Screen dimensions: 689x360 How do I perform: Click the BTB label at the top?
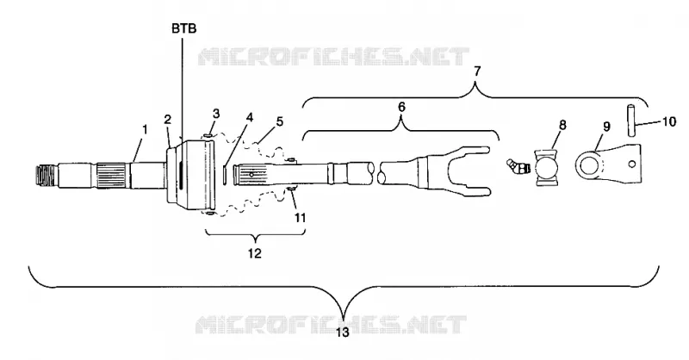pos(183,29)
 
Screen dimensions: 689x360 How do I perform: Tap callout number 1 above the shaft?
pos(145,130)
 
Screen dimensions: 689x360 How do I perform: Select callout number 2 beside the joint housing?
pos(167,119)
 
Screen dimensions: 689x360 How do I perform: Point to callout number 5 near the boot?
pos(280,121)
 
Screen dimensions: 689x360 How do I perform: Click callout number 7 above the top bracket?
pos(478,71)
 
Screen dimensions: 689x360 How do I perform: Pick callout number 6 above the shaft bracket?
pos(401,107)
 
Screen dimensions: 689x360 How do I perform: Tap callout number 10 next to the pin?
pos(669,121)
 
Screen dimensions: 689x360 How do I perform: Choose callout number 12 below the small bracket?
pos(255,253)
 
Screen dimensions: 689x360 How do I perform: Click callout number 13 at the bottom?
pos(342,332)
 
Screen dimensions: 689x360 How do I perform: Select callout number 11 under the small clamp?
pos(300,218)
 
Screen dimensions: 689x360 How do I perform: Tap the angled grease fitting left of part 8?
pos(518,167)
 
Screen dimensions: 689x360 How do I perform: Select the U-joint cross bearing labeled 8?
pos(546,167)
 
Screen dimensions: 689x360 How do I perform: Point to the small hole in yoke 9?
pos(631,164)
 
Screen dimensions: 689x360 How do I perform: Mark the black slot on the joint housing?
pos(180,176)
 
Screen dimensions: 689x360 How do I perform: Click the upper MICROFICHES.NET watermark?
pos(333,57)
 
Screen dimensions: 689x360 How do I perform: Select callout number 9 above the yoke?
pos(606,127)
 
